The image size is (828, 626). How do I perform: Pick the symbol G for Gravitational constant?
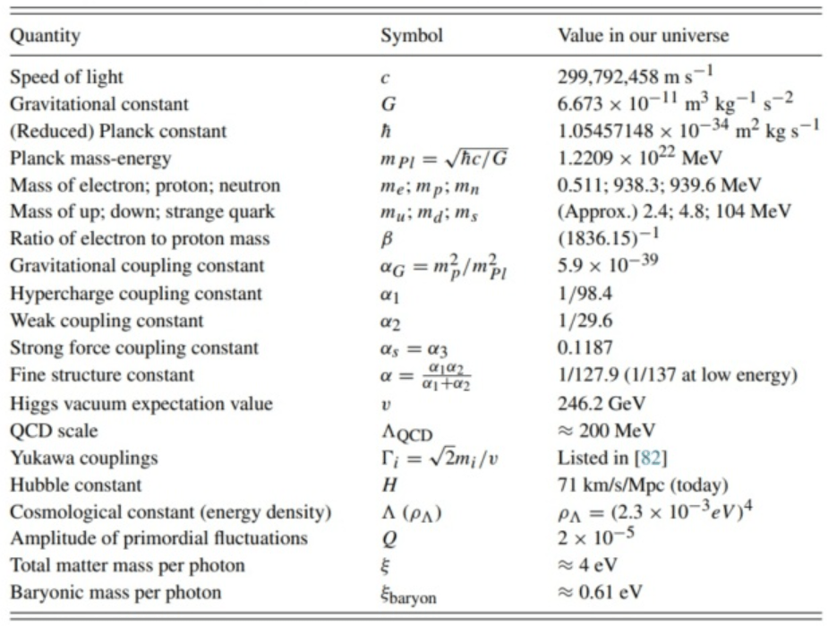tap(388, 104)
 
